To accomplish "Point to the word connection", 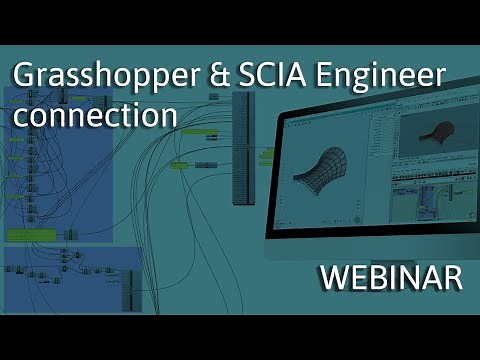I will coord(94,113).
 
